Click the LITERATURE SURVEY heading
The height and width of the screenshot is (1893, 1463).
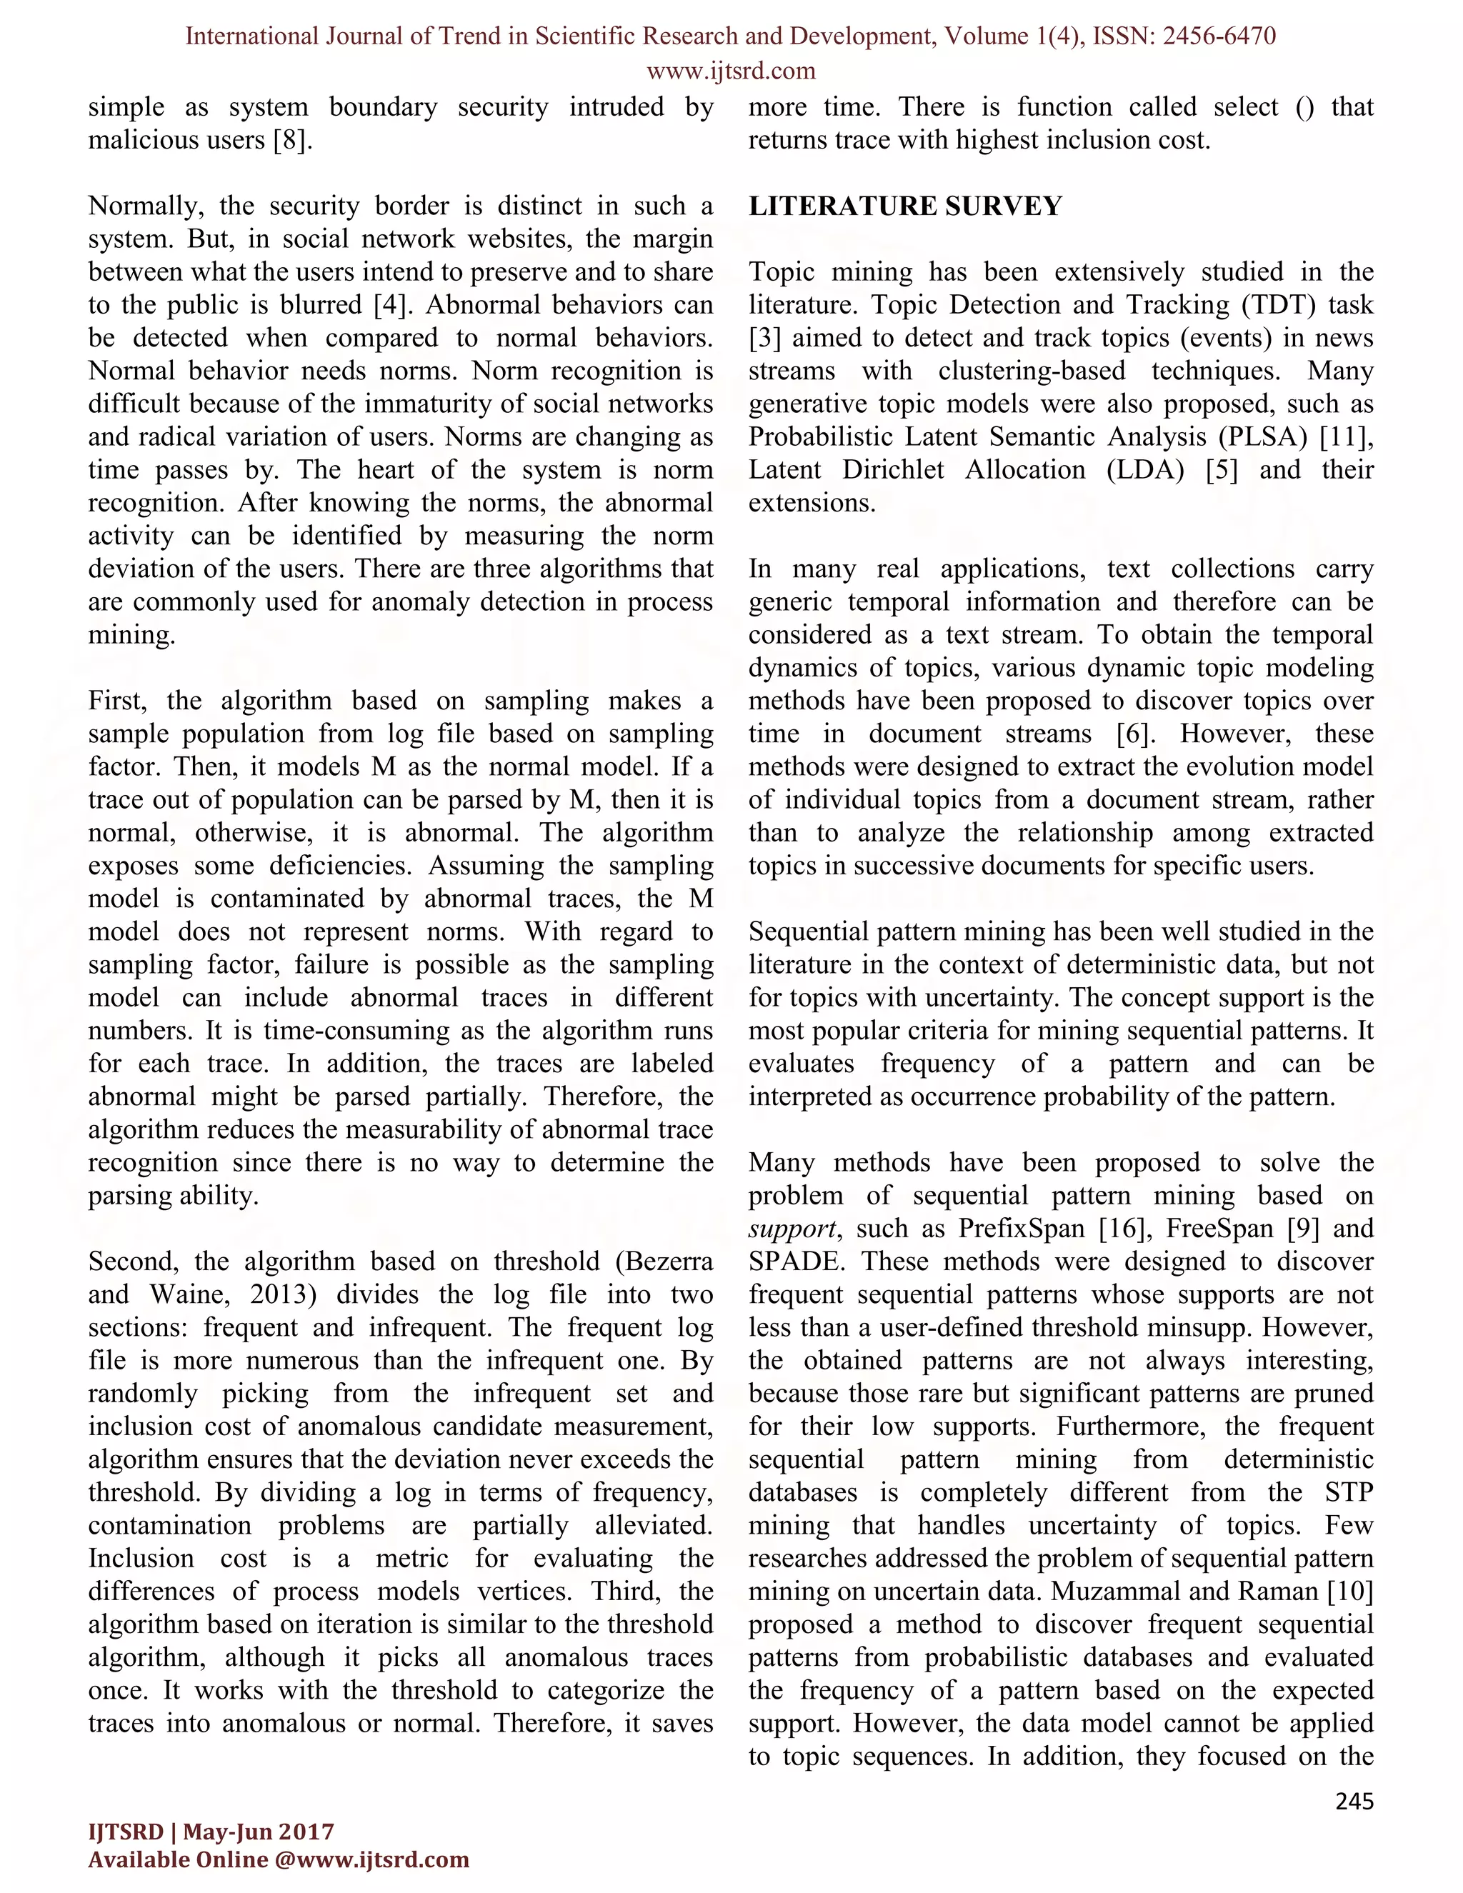(x=905, y=206)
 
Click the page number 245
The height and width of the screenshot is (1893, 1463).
(x=1354, y=1802)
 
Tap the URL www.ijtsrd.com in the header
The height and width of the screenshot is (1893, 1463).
(x=731, y=70)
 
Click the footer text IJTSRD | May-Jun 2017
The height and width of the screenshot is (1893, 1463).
(x=211, y=1832)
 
